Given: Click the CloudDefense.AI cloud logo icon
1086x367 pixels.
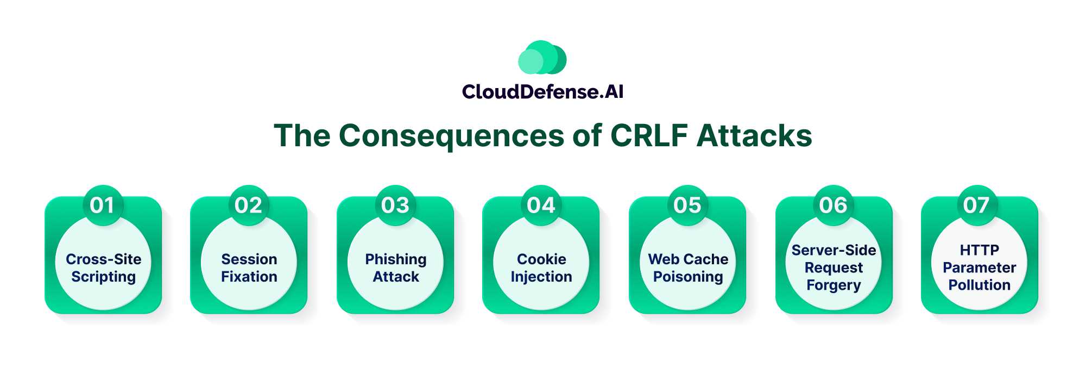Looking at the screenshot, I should pos(542,58).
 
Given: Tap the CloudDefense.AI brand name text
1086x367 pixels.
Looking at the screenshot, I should pos(542,91).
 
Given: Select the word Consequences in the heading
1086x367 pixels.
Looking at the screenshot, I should pos(451,135).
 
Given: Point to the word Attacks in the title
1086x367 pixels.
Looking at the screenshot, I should pos(754,135).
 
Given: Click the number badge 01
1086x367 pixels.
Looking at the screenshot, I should pos(102,205).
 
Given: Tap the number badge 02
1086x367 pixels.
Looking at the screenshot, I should pos(248,205).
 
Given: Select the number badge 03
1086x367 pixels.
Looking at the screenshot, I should pos(395,205).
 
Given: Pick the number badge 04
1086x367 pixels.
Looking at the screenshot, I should pos(541,205).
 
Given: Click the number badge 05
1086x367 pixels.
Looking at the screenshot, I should pos(687,205).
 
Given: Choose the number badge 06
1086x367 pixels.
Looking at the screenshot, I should pos(833,205).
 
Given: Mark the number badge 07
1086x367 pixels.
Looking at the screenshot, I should pos(976,205).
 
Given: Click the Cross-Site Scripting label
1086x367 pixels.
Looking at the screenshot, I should pos(103,268).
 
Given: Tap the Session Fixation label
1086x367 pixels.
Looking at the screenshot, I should pos(249,268).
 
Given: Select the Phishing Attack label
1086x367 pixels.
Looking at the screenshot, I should pos(395,268).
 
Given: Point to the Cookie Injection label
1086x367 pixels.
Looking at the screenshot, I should pos(541,268).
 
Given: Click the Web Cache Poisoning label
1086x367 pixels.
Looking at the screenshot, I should pos(687,268).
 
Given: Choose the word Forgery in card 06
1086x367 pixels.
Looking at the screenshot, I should pos(834,285).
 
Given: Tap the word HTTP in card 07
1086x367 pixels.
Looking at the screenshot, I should pos(979,250).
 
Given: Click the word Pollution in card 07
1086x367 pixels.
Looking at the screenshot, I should pos(979,285).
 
